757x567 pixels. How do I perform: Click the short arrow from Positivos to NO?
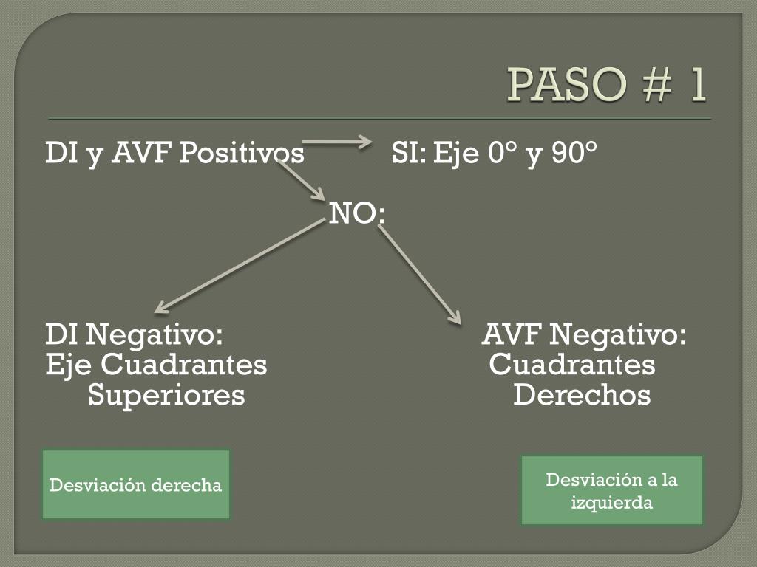(x=302, y=180)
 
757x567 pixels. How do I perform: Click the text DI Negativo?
(x=134, y=335)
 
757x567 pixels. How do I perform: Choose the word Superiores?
(x=166, y=395)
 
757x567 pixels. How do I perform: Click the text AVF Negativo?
(x=584, y=335)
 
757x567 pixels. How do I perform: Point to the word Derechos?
(x=581, y=395)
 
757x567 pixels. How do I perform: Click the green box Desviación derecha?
(x=135, y=484)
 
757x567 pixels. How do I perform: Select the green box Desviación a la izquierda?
(x=611, y=489)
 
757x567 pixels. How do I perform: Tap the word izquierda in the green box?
(x=611, y=503)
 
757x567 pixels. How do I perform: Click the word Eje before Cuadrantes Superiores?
(x=69, y=365)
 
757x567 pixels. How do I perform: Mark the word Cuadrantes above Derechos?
(x=572, y=365)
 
